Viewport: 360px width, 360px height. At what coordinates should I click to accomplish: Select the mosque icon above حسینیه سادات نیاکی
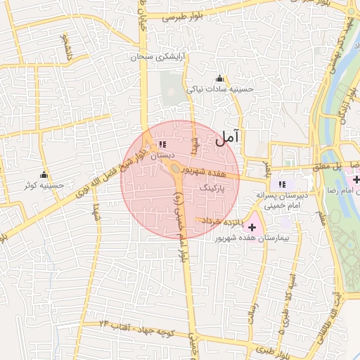tap(219, 78)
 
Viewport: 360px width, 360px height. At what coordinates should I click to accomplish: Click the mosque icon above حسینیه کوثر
tap(44, 174)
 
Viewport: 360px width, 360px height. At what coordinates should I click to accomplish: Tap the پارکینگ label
tap(214, 189)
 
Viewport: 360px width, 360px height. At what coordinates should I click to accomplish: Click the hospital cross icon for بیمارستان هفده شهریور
tap(252, 227)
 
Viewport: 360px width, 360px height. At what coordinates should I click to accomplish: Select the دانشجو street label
tap(67, 45)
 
